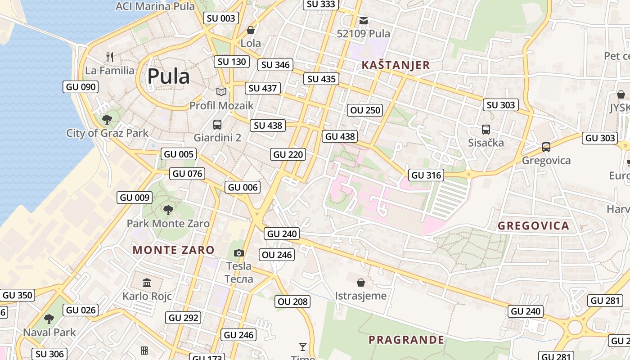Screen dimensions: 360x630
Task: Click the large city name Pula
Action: (169, 76)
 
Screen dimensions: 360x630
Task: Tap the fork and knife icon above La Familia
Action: (110, 57)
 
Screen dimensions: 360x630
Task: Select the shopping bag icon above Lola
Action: (251, 30)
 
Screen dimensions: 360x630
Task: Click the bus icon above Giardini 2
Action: (217, 124)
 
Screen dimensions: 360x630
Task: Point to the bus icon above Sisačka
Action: (486, 130)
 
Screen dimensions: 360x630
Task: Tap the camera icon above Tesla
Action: (239, 253)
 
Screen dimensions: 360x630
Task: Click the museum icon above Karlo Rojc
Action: (147, 283)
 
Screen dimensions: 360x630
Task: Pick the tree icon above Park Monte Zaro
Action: (168, 210)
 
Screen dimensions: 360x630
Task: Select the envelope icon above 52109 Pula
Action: (364, 20)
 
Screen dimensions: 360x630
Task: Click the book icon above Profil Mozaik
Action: (221, 92)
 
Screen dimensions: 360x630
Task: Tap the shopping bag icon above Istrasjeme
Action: (360, 283)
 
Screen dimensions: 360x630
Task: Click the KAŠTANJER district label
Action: (396, 65)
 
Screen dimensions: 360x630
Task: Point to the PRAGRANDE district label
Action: (406, 340)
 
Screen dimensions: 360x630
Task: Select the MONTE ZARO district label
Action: (174, 250)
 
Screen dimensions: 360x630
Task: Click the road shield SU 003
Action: (221, 18)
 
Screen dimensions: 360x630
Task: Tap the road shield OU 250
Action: (365, 110)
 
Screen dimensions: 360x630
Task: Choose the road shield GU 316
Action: (426, 175)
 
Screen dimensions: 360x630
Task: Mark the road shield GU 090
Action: (81, 87)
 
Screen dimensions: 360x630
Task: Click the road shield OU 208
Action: (293, 301)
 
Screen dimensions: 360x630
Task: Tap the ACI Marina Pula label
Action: (155, 6)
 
